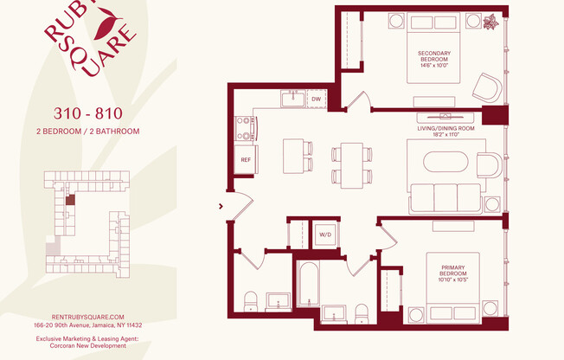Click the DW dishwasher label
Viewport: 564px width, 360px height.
pos(316,100)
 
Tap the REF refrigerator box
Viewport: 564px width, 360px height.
pos(245,159)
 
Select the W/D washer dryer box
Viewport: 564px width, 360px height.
pos(325,235)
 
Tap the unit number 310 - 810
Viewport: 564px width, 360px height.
pos(87,113)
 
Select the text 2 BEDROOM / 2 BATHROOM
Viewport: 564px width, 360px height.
pos(87,132)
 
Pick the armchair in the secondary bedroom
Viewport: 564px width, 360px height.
pos(486,87)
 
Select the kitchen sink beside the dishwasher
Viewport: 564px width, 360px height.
pos(292,99)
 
